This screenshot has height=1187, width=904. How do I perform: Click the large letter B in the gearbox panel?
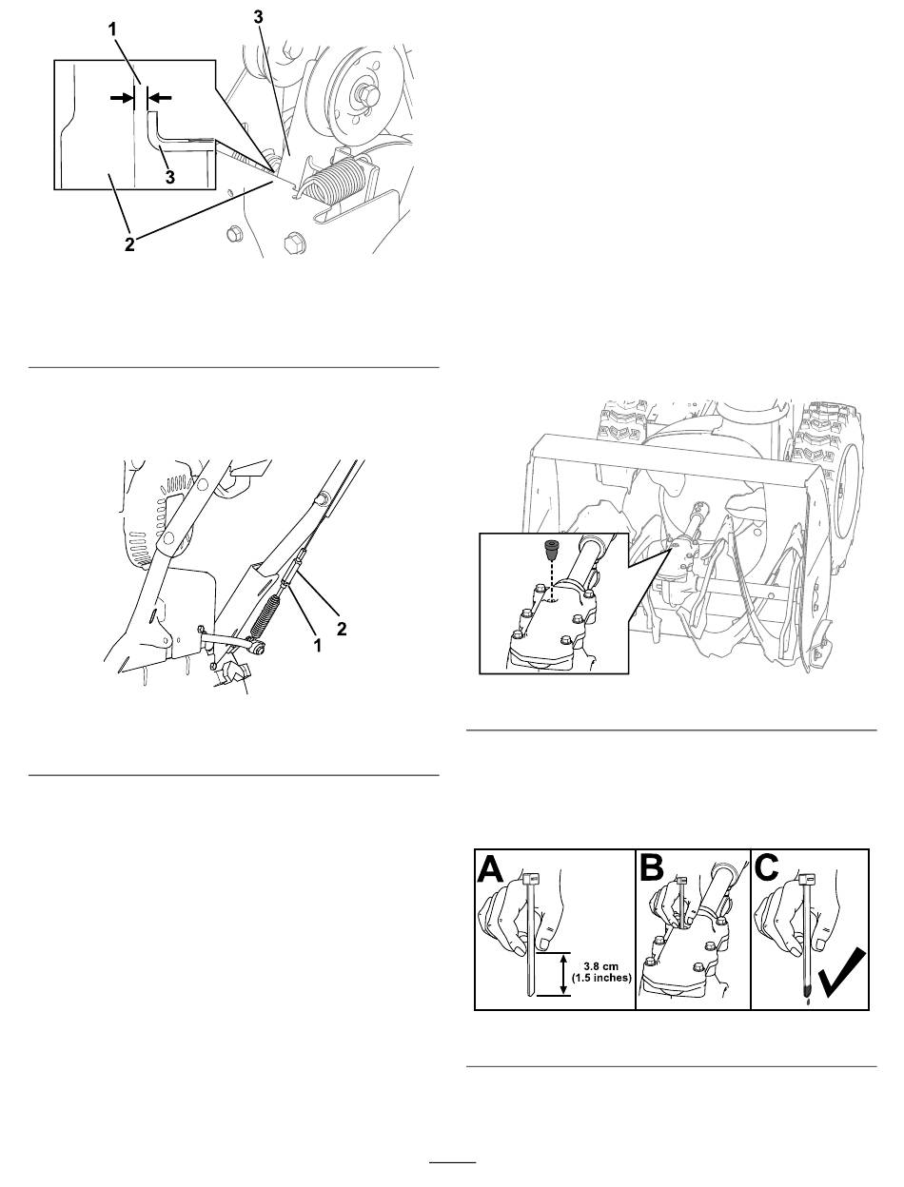pos(652,869)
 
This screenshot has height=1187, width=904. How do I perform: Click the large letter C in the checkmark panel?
pos(767,869)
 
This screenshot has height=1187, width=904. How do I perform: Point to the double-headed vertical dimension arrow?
pos(563,974)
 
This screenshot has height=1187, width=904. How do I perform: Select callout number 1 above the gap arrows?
pos(112,29)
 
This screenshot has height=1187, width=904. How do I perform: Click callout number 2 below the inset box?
pos(129,243)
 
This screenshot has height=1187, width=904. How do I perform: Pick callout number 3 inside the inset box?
pos(170,176)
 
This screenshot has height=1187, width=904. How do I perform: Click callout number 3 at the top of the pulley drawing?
pos(259,17)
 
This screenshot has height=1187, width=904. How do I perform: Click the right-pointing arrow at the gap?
pos(122,98)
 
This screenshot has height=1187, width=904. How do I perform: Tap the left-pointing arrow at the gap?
pos(160,97)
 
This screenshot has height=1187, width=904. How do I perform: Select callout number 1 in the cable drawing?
pos(318,645)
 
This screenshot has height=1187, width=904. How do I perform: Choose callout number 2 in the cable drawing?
pos(342,629)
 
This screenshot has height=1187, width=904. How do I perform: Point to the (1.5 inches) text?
pos(601,977)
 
